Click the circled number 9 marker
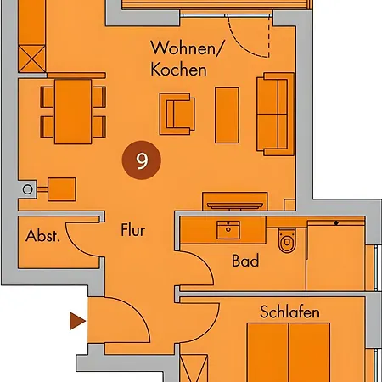click(x=142, y=160)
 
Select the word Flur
click(x=132, y=230)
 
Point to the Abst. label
click(x=42, y=235)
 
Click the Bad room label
click(x=245, y=261)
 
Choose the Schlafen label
click(x=289, y=312)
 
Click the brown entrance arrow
click(x=77, y=321)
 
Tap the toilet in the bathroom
click(x=287, y=240)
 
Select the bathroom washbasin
click(x=228, y=230)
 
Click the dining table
click(x=73, y=111)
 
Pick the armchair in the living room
click(x=177, y=114)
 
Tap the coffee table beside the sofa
click(x=227, y=115)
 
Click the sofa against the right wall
click(x=275, y=114)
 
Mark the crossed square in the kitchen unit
click(x=32, y=59)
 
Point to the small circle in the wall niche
click(x=28, y=189)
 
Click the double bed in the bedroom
click(x=289, y=352)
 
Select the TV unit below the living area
click(x=235, y=201)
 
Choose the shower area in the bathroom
click(x=335, y=256)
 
